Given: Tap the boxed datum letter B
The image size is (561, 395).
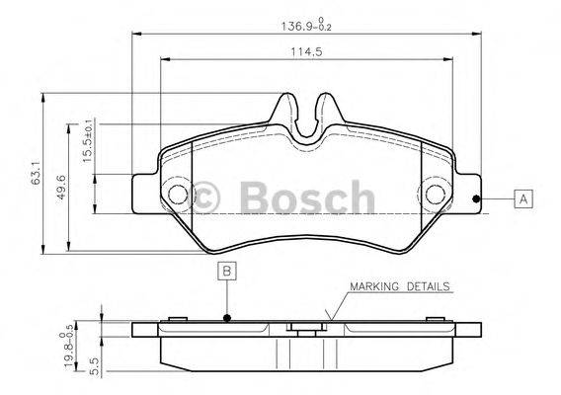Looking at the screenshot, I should point(227,271).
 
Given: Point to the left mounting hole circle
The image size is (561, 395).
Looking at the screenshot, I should point(179,195).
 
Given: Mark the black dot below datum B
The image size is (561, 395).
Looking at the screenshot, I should point(227,318).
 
